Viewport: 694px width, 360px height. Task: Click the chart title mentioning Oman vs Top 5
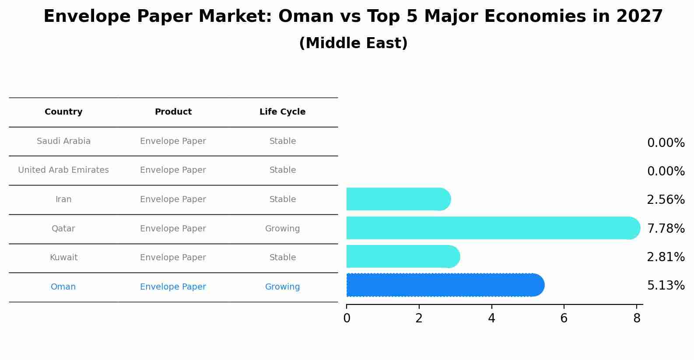click(x=353, y=17)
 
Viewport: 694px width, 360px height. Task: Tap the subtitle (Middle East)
click(x=353, y=43)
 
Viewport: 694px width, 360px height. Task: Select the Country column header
click(x=63, y=112)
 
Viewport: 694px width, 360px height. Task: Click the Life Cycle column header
click(x=282, y=112)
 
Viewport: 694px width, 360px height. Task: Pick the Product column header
click(x=173, y=112)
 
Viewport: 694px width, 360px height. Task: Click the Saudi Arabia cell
click(x=63, y=141)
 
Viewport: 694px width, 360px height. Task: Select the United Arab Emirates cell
click(x=63, y=170)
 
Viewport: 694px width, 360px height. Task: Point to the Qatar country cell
click(x=63, y=229)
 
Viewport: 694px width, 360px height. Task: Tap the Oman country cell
click(x=63, y=287)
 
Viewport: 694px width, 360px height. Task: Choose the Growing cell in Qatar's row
click(x=282, y=229)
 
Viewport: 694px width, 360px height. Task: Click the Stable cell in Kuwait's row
click(x=282, y=258)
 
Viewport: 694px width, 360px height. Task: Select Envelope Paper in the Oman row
click(x=173, y=287)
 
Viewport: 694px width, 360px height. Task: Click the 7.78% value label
click(x=666, y=228)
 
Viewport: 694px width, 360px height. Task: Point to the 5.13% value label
click(x=666, y=286)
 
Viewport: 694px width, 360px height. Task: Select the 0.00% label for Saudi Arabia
click(x=666, y=143)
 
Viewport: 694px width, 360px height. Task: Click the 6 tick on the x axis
click(x=564, y=318)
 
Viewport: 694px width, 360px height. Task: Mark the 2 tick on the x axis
click(x=419, y=318)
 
